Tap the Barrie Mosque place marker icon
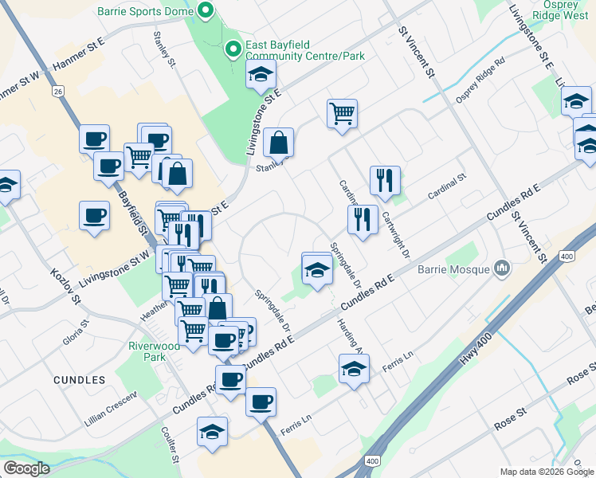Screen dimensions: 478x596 click(501, 269)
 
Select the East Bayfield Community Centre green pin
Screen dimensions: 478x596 click(233, 49)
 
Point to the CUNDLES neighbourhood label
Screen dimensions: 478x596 click(80, 380)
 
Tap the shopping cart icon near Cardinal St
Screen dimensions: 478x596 click(342, 113)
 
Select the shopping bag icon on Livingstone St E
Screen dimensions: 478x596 click(279, 143)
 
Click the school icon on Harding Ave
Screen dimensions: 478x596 click(355, 369)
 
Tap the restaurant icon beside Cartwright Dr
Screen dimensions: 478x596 click(385, 180)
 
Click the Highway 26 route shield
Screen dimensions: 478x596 click(58, 92)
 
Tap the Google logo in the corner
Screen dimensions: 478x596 click(25, 468)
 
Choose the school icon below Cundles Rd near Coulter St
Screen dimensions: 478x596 click(213, 431)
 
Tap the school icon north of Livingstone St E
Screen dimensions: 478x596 click(261, 75)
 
